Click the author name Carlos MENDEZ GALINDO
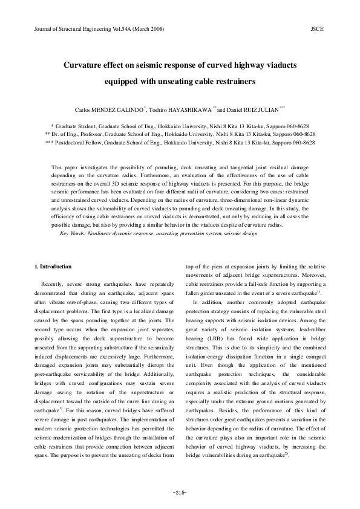111,110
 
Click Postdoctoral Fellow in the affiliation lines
87,142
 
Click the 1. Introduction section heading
54,266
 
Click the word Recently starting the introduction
55,282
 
